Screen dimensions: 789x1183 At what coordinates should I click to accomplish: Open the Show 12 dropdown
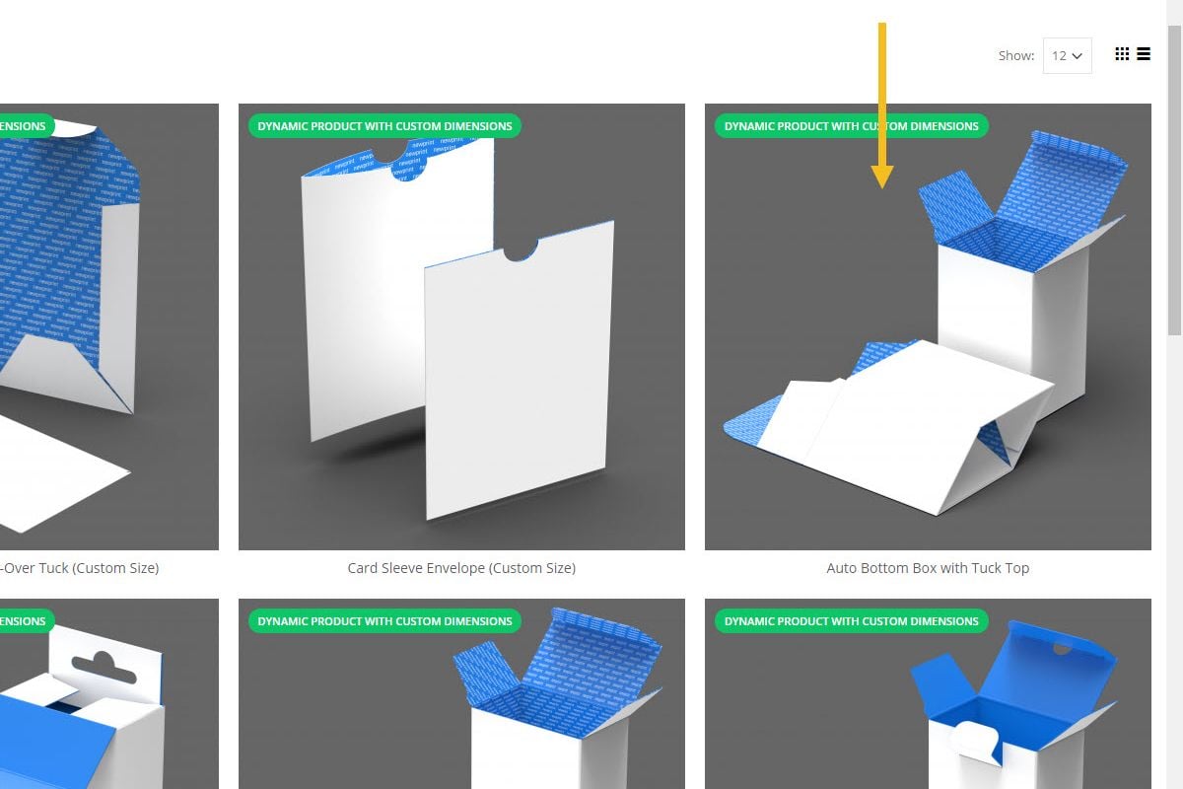click(x=1067, y=56)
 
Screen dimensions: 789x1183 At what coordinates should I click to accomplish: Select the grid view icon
click(x=1122, y=54)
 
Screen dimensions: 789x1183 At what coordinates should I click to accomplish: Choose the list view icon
click(x=1144, y=54)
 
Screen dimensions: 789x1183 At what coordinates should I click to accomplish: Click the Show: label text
click(x=1015, y=56)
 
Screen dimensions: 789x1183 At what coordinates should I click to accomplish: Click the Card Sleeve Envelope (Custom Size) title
click(x=461, y=568)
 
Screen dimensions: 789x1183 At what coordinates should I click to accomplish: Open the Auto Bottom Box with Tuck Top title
click(x=927, y=568)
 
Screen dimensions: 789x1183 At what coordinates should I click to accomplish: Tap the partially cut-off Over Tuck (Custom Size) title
click(x=79, y=568)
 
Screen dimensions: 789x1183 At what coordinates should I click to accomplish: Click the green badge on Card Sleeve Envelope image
click(x=384, y=126)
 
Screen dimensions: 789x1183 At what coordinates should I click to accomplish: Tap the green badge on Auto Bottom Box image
click(x=851, y=126)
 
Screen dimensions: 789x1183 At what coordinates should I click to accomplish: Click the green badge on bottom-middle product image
click(x=384, y=621)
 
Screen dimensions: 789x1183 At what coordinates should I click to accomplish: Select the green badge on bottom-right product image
click(x=851, y=621)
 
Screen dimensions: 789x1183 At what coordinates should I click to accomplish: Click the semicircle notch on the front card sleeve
click(x=521, y=251)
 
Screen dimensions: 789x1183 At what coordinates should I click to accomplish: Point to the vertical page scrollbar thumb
click(x=1174, y=178)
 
